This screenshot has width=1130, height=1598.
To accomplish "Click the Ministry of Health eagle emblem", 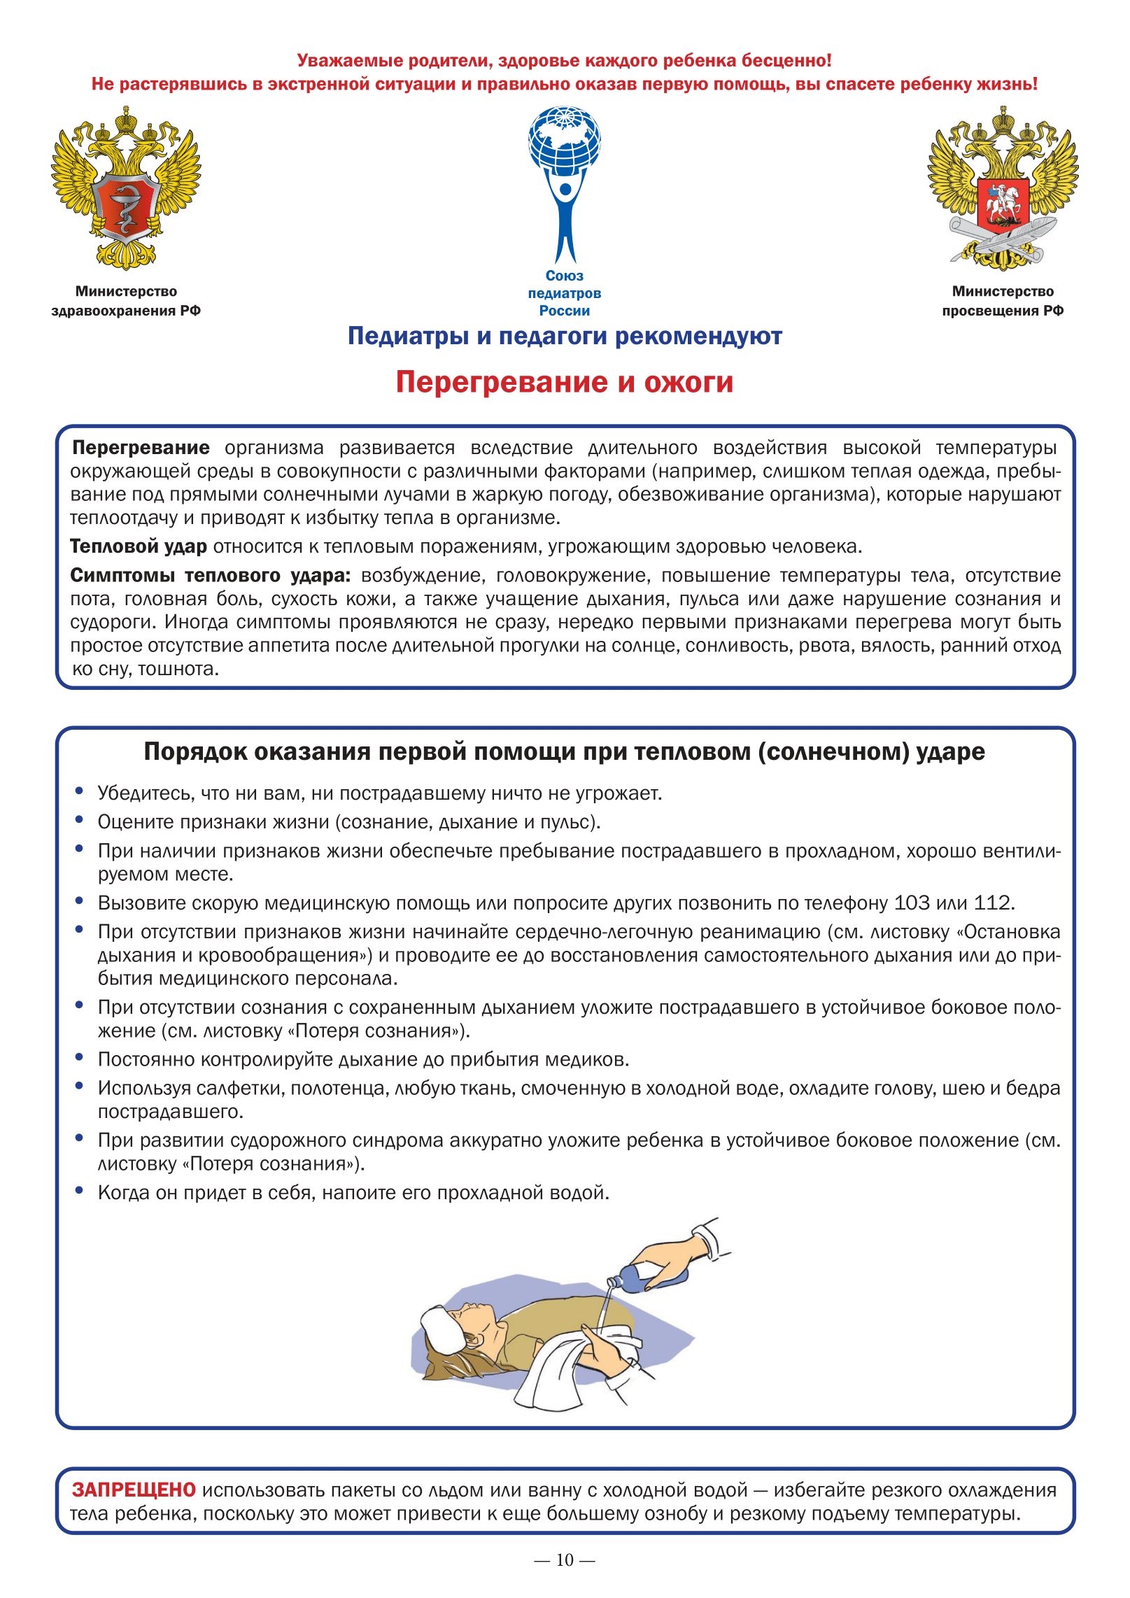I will tap(126, 188).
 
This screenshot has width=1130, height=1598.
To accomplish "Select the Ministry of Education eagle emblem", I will tap(1003, 188).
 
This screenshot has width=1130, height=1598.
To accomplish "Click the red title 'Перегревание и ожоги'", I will tap(565, 382).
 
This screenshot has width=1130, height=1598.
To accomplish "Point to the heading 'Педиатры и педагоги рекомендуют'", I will tap(565, 337).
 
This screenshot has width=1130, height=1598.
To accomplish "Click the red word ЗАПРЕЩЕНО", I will tap(134, 1490).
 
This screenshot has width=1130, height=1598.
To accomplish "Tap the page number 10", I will tap(565, 1560).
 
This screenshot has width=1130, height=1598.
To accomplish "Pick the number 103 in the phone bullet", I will tap(912, 903).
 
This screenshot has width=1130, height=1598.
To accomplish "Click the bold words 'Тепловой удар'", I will tap(139, 546).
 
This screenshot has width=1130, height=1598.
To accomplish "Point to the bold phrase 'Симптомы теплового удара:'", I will tap(210, 575).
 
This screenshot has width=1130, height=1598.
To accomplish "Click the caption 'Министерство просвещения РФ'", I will tap(1003, 301).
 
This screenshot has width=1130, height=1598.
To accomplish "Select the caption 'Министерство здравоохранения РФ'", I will tap(126, 301).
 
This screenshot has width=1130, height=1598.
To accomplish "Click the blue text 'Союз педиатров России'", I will tap(565, 293).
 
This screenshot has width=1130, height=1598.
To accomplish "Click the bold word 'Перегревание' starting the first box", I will tap(141, 448).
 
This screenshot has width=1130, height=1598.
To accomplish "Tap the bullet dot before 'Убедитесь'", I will tap(80, 791).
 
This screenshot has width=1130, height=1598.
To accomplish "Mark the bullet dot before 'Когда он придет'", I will tap(80, 1190).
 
